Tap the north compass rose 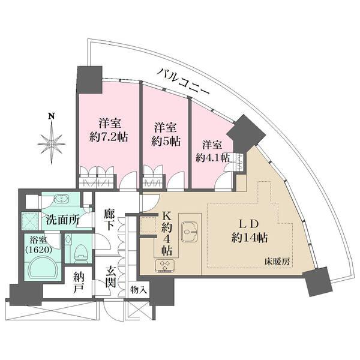52,142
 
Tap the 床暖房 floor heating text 278,262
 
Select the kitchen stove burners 165,265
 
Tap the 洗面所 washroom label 63,220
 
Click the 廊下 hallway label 109,220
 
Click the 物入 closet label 139,290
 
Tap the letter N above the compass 52,116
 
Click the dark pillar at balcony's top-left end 89,77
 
